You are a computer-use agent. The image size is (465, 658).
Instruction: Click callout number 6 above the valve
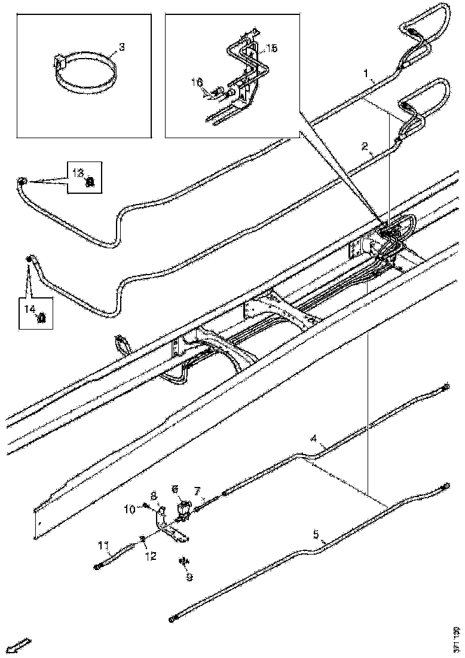175,489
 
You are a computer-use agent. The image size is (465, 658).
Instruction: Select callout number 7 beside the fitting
197,491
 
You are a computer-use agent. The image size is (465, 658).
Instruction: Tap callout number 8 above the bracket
153,496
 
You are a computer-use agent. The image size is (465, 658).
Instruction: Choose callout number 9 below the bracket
189,577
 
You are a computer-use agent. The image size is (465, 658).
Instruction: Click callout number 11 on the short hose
103,545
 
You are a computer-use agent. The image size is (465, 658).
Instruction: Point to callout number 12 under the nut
150,556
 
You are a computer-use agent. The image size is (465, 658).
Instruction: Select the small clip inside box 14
42,318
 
